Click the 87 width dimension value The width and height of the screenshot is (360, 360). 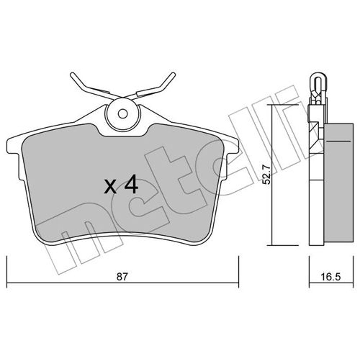121,277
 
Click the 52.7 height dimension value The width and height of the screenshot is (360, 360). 267,175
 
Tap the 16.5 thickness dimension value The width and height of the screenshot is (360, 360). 331,277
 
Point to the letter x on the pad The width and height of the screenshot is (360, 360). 110,186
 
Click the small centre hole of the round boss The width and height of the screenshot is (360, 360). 123,113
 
